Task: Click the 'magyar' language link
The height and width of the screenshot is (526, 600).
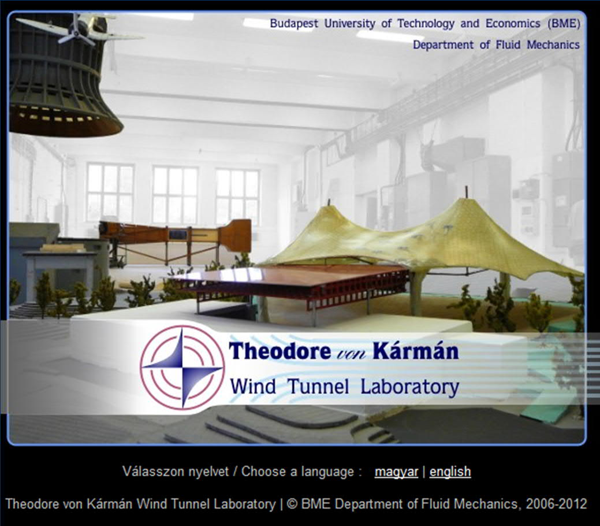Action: point(396,472)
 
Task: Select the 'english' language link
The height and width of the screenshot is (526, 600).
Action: point(450,472)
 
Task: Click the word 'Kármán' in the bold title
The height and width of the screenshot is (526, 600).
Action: point(416,350)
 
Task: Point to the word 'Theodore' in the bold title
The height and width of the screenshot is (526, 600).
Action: point(279,351)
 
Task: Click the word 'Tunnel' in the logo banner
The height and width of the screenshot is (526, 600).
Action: point(318,386)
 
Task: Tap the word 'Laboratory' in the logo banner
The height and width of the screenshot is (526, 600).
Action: point(410,387)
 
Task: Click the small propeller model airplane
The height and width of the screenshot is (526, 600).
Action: point(77,28)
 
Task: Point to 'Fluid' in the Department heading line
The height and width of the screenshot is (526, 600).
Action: point(508,45)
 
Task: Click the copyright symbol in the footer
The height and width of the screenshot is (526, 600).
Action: point(292,504)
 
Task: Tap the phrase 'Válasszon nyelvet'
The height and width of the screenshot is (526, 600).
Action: point(176,471)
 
